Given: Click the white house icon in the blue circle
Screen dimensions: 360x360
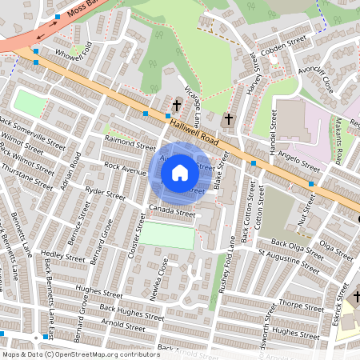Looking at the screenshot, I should coord(180,172).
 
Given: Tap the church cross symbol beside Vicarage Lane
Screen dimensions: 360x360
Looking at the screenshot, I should coord(177,105).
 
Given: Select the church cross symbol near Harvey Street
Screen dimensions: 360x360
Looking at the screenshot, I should coord(228,119).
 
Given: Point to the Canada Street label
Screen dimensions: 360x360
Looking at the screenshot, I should coord(172,212).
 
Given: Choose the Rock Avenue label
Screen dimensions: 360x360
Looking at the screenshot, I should coord(124,170).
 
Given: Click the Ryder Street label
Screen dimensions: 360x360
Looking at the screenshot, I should coord(105,193).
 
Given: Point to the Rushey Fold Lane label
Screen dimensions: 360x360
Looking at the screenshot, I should coord(223,264).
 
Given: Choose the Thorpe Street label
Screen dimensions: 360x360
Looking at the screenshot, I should coord(302,305).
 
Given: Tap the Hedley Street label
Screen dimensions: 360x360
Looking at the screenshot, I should coord(62,258).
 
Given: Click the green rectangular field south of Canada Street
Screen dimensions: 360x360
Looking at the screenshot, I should coord(167,235).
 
